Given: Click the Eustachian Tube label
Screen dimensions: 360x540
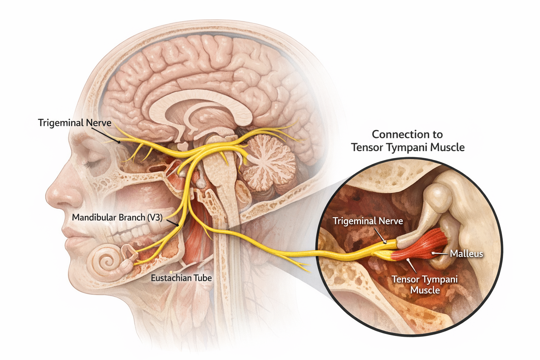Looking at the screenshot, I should tap(181, 278).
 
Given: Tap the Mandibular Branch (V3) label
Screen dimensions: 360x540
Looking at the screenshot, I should tap(117, 218).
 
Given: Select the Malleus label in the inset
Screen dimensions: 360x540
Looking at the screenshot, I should tap(466, 253).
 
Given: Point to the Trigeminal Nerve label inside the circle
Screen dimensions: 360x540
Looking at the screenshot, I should tap(368, 221).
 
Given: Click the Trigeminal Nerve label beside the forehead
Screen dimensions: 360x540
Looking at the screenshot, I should tap(75, 123).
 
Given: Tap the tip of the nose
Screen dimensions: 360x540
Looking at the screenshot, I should tap(49, 197).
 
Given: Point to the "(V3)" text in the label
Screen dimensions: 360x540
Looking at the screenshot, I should tap(155, 218).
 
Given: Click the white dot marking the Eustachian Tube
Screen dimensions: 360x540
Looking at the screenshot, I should tap(171, 272).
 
